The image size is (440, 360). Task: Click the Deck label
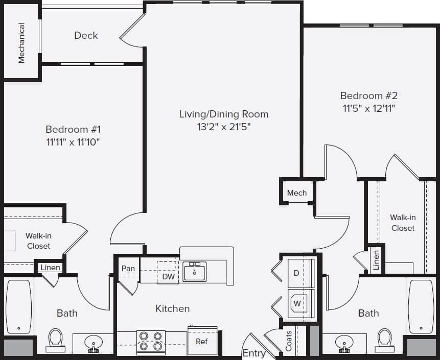(86, 35)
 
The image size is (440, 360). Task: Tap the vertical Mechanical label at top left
(21, 42)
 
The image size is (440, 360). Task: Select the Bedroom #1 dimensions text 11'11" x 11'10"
(72, 142)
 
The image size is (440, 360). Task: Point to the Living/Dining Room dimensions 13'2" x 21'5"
(223, 127)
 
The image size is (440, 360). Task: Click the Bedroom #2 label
(368, 95)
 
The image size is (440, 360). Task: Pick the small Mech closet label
(296, 193)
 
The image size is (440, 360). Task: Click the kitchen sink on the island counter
(194, 272)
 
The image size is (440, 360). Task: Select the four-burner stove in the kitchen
(151, 342)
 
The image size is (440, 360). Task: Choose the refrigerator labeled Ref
(202, 341)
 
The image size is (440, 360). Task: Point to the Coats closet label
(289, 341)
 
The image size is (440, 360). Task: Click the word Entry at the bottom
(253, 353)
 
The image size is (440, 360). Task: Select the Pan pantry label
(128, 268)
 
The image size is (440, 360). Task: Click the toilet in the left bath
(55, 339)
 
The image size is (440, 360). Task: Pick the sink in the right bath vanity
(344, 341)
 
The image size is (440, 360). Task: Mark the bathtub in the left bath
(18, 307)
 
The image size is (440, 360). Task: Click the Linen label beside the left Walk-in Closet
(50, 268)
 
